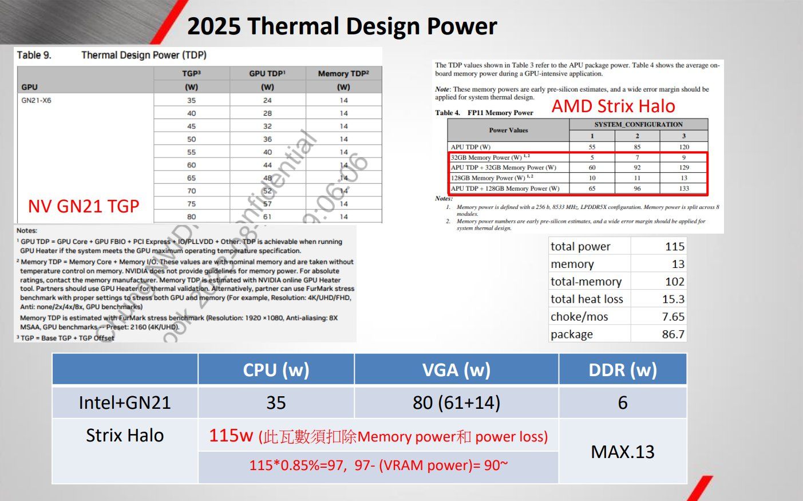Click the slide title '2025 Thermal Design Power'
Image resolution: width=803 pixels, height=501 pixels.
click(x=342, y=26)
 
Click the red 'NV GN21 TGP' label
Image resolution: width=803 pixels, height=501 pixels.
click(x=84, y=206)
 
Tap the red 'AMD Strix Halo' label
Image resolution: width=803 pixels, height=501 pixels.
click(x=613, y=106)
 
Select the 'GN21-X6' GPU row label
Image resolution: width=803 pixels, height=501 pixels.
click(x=36, y=100)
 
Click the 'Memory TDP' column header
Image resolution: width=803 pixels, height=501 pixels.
click(x=343, y=73)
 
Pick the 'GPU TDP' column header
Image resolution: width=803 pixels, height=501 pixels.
click(x=267, y=73)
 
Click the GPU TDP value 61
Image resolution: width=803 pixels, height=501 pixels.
click(x=267, y=216)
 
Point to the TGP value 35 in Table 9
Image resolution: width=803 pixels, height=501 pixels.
click(x=191, y=100)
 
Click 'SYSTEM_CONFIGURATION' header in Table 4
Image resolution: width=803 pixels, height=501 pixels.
click(x=638, y=124)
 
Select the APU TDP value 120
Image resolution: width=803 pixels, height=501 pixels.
click(x=684, y=147)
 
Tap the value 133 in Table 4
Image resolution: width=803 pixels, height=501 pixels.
click(x=684, y=188)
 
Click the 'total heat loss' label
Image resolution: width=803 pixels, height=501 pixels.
click(x=587, y=299)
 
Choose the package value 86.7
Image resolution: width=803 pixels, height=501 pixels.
click(x=673, y=334)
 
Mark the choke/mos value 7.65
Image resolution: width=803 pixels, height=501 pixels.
click(x=673, y=317)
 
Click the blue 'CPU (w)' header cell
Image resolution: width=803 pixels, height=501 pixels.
click(x=276, y=370)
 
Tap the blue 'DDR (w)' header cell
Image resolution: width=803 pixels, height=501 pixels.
click(x=623, y=370)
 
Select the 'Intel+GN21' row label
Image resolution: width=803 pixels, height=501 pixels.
click(x=125, y=403)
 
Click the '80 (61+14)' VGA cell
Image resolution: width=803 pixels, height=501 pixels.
click(x=456, y=403)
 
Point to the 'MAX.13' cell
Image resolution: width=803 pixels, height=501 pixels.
click(x=623, y=452)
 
